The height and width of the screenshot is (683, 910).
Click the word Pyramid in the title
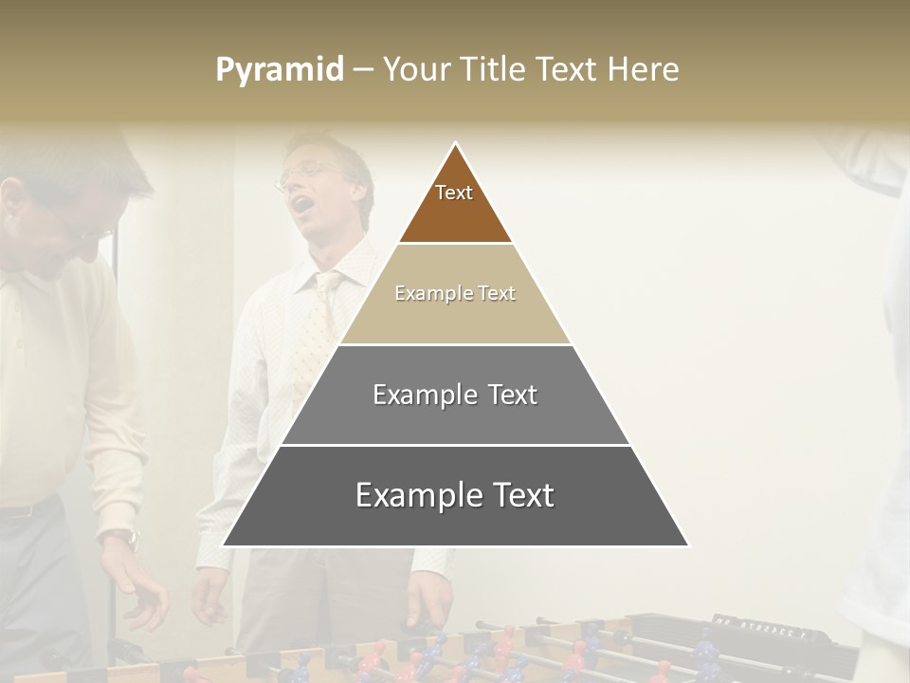pyautogui.click(x=280, y=70)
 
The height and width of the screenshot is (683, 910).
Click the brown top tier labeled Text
pyautogui.click(x=455, y=204)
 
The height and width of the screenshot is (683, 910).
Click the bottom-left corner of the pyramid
pyautogui.click(x=224, y=545)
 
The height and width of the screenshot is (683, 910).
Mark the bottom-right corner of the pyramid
pyautogui.click(x=687, y=545)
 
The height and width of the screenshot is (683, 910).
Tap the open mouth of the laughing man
pyautogui.click(x=300, y=202)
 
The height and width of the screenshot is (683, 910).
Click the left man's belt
pyautogui.click(x=24, y=510)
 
